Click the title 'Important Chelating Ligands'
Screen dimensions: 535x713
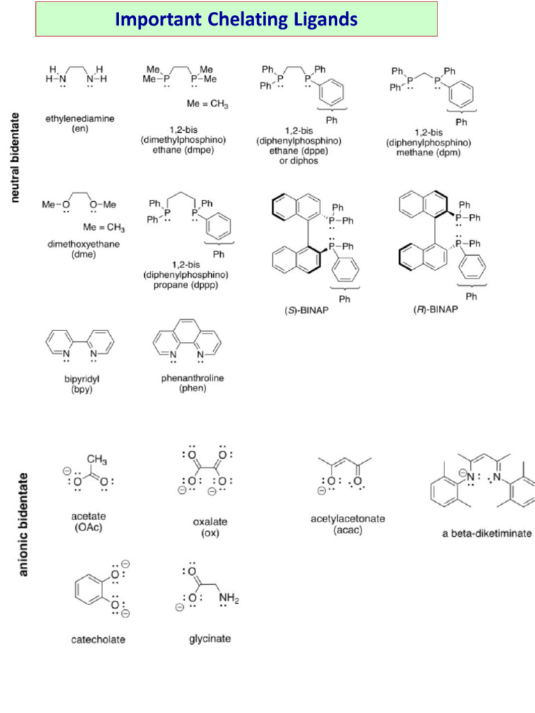pos(236,19)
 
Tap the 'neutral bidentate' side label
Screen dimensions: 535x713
pos(15,157)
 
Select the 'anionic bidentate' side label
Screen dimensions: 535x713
pos(23,525)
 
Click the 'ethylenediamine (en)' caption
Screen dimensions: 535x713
pos(80,124)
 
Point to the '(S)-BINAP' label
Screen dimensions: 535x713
pos(307,311)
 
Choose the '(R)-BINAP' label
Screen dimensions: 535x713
pos(435,310)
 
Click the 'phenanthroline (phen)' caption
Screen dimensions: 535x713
pos(192,383)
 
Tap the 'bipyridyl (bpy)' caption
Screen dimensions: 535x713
pos(82,384)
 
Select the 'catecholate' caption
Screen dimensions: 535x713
pos(98,639)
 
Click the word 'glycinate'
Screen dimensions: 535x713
pos(210,639)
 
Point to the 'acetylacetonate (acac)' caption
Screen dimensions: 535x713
pos(348,524)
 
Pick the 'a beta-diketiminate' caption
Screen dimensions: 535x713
pos(487,533)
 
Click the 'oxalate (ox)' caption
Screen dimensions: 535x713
pos(210,527)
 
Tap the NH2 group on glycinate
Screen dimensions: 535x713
pos(228,598)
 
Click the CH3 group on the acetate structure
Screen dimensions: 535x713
pos(97,460)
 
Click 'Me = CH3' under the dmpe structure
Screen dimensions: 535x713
pos(208,104)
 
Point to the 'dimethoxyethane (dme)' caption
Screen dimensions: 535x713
pos(84,249)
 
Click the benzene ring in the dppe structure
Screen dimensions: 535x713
pos(331,92)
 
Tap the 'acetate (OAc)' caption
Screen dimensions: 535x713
pos(88,522)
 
